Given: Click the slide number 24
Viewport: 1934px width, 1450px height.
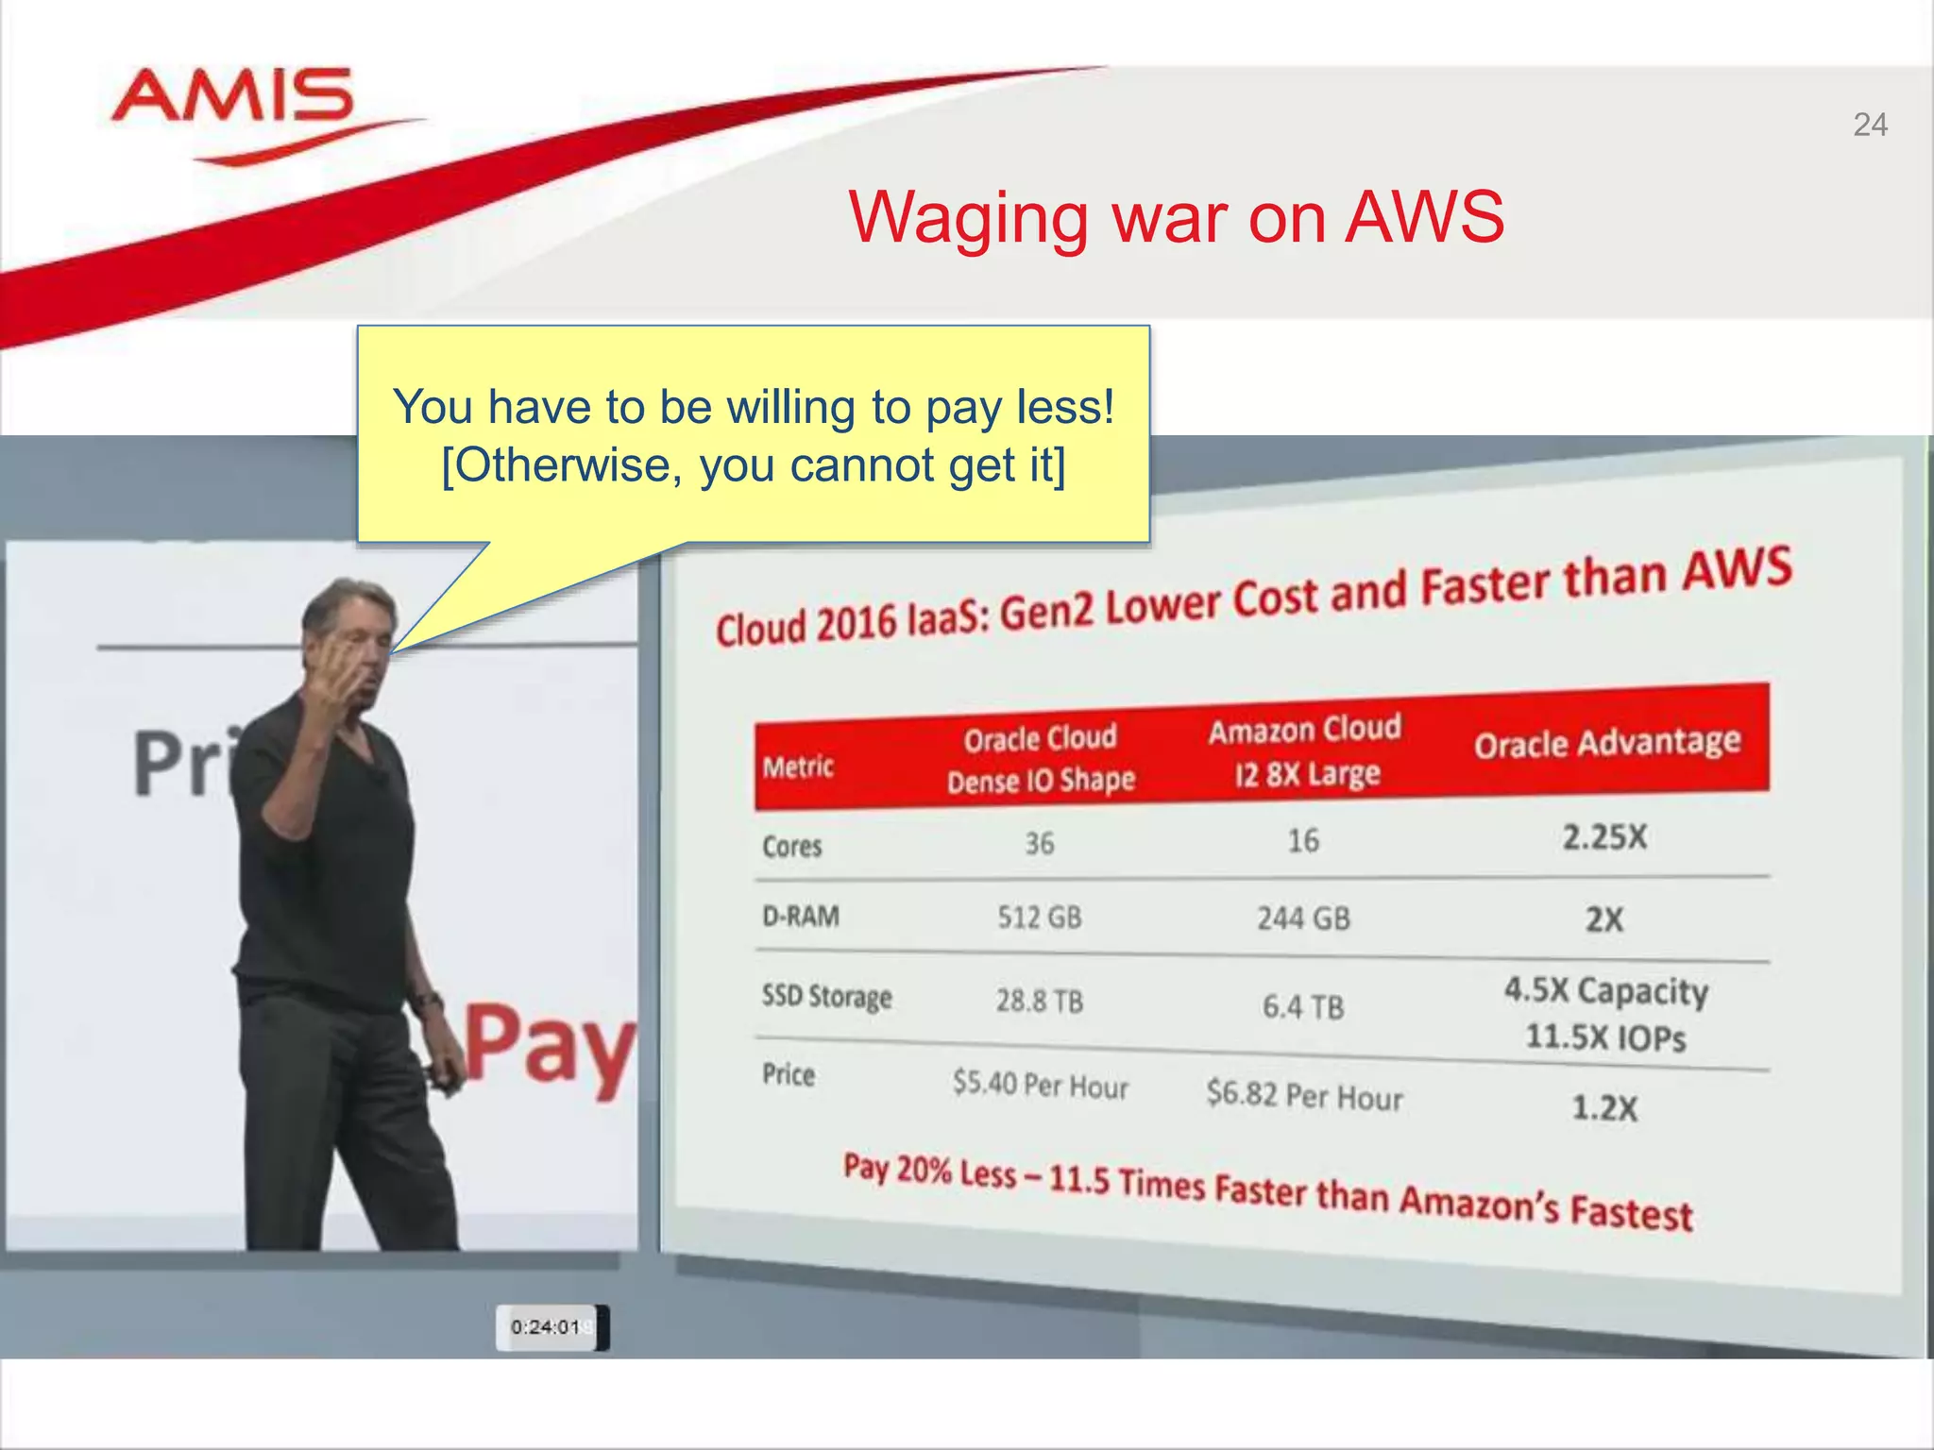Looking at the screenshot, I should [x=1870, y=125].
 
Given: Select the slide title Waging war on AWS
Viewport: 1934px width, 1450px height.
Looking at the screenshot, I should [x=1176, y=217].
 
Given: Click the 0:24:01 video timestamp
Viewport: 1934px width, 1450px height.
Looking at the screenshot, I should [x=546, y=1327].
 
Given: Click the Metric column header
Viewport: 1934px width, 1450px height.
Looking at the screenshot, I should [x=798, y=767].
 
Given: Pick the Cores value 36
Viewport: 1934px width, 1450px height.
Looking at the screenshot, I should [x=1040, y=843].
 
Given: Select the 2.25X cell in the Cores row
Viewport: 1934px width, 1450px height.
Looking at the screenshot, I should [x=1604, y=836].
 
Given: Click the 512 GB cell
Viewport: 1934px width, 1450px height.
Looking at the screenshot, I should [x=1040, y=917].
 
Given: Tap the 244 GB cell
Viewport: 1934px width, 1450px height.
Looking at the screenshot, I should [x=1303, y=918].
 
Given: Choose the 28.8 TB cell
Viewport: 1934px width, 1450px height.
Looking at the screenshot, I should [x=1040, y=1001].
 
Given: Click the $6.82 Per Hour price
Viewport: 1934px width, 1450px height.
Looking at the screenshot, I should [x=1304, y=1096].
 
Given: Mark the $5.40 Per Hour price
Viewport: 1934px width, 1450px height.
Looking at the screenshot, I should [x=1041, y=1085].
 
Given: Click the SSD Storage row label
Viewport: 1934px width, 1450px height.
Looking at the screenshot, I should [x=826, y=997].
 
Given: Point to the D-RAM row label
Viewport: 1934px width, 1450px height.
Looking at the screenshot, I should [x=801, y=916].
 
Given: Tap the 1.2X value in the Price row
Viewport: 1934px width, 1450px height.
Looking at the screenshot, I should [x=1604, y=1107].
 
